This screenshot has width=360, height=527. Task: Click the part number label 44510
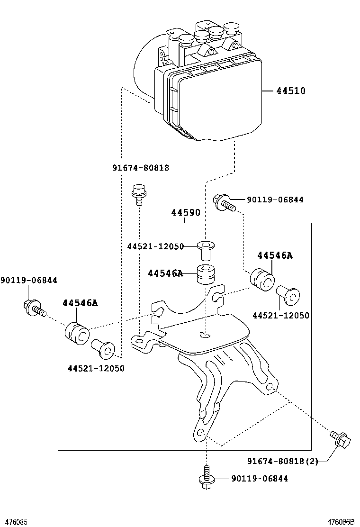291,91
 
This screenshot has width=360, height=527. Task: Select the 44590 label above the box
186,214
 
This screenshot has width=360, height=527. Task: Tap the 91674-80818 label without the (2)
141,168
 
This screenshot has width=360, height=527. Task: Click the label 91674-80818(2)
282,461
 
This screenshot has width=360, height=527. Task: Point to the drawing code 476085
14,521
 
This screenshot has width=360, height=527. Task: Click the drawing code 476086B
342,521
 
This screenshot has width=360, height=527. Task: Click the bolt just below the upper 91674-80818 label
138,194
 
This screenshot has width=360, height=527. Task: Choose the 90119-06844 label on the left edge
28,281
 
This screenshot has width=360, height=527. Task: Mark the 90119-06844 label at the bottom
260,479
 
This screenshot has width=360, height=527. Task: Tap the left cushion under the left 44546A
77,333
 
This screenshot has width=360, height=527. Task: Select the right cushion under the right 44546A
262,280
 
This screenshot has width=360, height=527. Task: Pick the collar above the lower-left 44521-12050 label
102,350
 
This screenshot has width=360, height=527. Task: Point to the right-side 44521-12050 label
280,316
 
